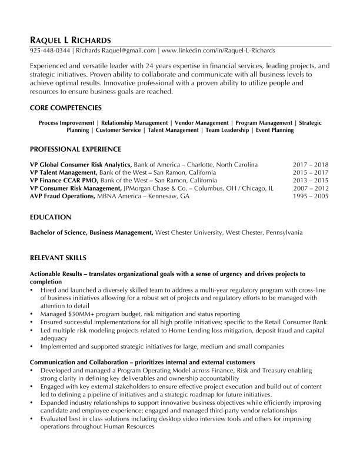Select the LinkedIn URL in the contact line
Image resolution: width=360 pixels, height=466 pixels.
click(x=218, y=51)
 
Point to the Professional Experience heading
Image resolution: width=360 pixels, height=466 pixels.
click(x=75, y=149)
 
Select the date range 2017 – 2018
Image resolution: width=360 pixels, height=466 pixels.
click(x=310, y=165)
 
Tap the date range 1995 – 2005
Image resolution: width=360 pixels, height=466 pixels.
click(x=310, y=195)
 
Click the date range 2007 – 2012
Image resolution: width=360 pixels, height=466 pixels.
click(x=310, y=188)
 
